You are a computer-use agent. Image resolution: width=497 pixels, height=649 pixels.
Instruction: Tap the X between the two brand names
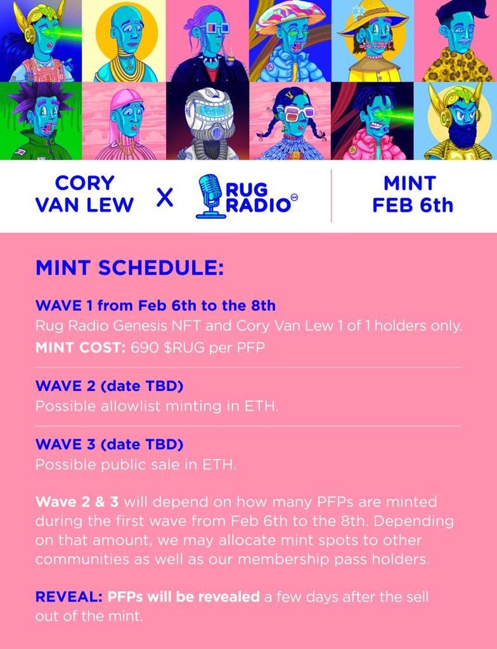(x=165, y=198)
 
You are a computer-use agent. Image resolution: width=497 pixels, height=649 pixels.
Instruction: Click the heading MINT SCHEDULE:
(x=129, y=267)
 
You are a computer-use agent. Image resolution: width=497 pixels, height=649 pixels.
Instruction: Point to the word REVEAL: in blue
(x=69, y=597)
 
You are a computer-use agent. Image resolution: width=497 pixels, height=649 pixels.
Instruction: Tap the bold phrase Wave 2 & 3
(x=77, y=502)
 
